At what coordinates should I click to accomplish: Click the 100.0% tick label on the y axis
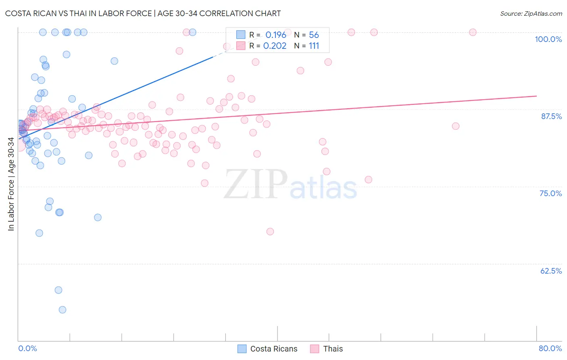point(548,39)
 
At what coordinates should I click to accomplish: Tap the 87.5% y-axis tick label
point(551,116)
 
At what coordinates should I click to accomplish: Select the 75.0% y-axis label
point(550,193)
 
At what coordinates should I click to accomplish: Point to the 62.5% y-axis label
point(551,271)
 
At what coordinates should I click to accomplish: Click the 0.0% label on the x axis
point(27,348)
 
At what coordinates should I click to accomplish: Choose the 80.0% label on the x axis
point(550,348)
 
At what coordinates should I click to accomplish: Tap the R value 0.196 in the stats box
point(275,35)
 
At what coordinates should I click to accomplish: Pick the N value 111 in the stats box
point(314,46)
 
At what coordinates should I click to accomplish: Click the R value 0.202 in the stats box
point(275,46)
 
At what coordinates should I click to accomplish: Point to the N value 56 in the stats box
point(314,35)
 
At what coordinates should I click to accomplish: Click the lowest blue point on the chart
point(63,310)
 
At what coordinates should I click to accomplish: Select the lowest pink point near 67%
point(270,231)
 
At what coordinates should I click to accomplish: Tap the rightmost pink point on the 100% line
point(473,32)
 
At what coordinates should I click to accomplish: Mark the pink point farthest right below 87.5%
point(456,126)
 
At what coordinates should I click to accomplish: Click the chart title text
point(143,13)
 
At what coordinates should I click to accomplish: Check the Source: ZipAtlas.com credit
point(531,13)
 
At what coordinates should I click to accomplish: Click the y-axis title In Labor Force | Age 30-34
point(11,184)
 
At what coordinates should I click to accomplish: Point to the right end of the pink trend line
point(536,96)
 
